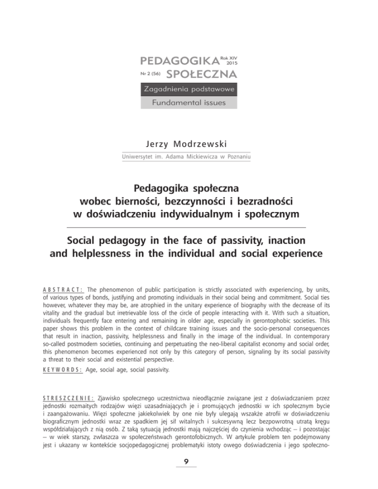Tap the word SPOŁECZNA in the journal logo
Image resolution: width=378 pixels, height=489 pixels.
(202, 75)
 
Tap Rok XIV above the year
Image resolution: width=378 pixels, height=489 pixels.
(231, 58)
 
